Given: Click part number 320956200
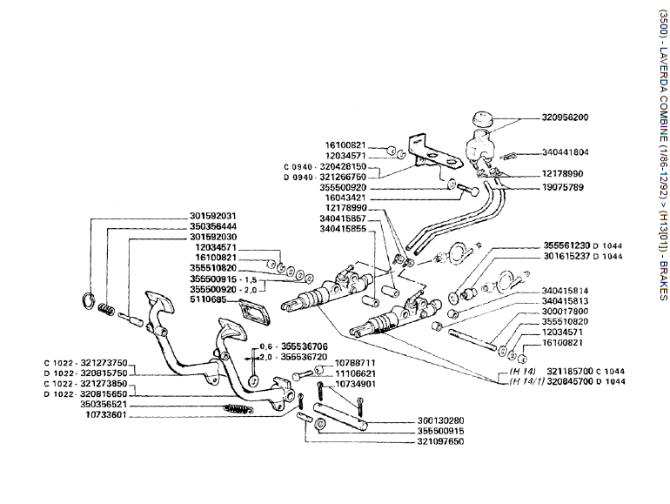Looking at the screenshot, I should click(564, 118).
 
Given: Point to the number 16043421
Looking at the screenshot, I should click(345, 198).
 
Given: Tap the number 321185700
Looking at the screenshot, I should click(573, 371).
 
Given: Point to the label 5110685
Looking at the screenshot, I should click(207, 300).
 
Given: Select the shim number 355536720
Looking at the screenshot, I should click(302, 357).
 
